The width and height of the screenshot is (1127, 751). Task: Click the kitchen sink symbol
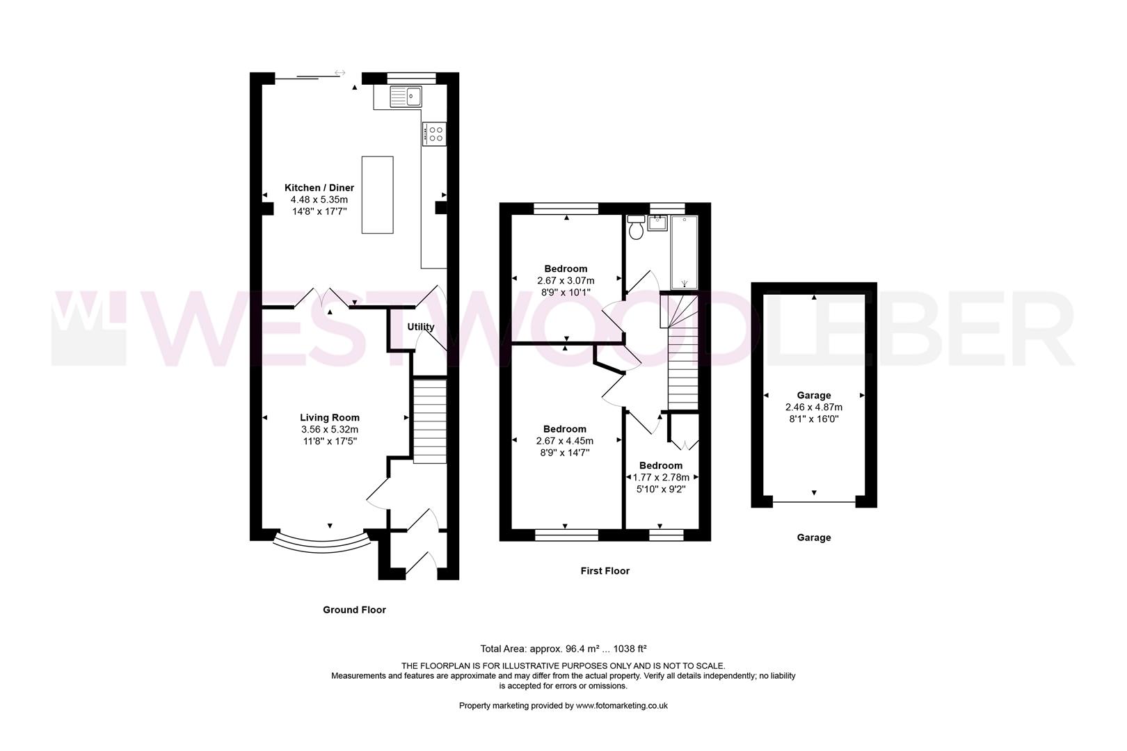(x=405, y=96)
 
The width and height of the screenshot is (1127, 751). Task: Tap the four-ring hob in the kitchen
(x=435, y=134)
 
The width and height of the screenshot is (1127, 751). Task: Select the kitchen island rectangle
(x=377, y=195)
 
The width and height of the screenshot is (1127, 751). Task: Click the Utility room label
(x=420, y=327)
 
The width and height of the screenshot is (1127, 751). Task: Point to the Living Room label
(x=330, y=418)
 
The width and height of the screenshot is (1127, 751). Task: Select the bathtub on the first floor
(x=685, y=252)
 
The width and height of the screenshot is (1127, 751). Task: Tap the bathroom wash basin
(x=657, y=223)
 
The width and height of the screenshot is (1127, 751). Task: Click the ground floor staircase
(x=430, y=421)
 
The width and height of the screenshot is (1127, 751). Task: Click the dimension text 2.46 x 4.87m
(x=813, y=407)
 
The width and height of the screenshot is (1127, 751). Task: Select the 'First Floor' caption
(x=605, y=571)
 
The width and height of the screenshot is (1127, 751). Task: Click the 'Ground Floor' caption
(x=354, y=610)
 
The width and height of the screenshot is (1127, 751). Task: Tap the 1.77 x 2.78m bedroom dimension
(x=661, y=478)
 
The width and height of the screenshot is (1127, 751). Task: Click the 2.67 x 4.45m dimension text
(x=564, y=441)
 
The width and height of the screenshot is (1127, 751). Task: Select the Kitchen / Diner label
(x=319, y=188)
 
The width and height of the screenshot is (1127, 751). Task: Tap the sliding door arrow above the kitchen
(x=339, y=72)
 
